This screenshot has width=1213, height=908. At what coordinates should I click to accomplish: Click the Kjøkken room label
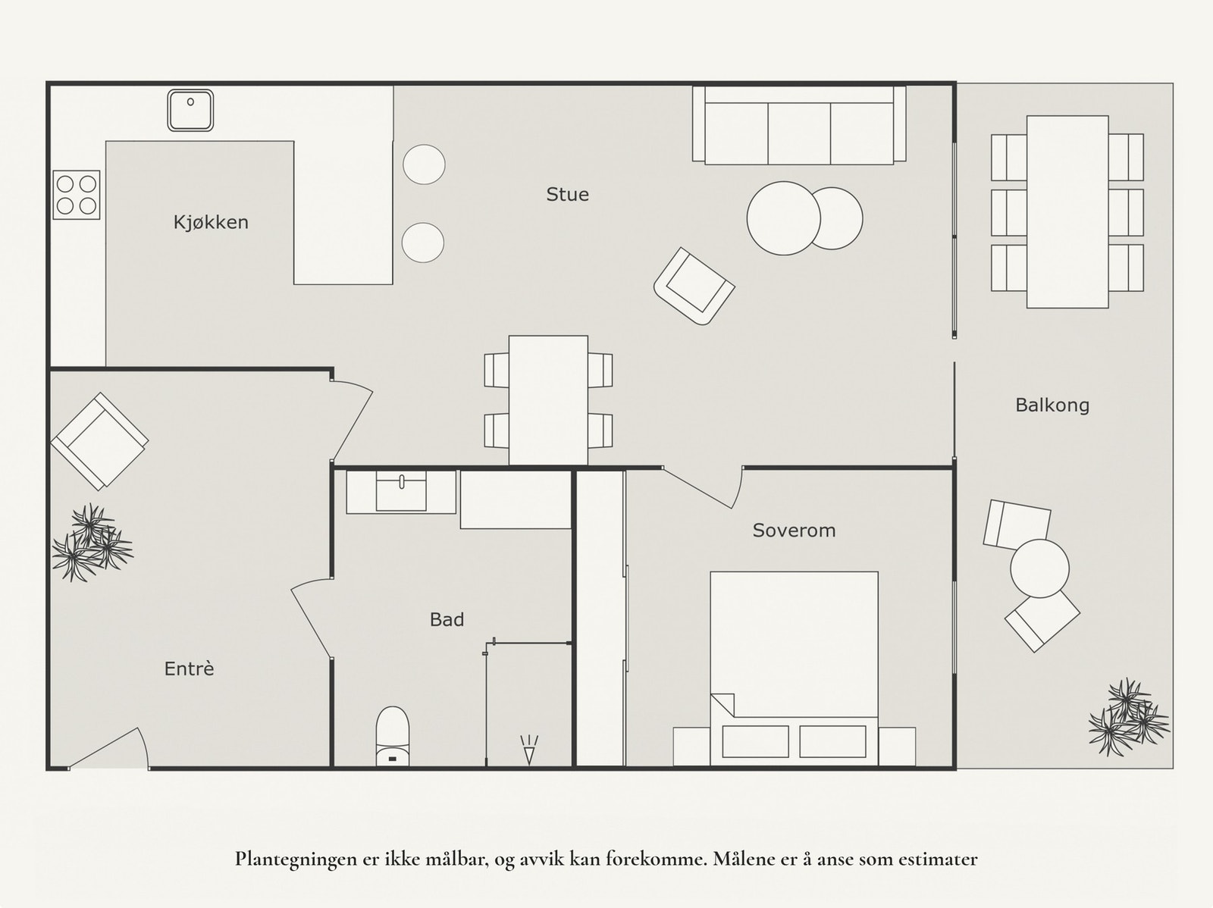[211, 223]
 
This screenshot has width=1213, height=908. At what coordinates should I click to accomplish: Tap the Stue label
[567, 195]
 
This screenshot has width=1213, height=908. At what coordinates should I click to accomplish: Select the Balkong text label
[1052, 405]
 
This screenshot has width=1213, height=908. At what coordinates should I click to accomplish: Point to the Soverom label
[794, 531]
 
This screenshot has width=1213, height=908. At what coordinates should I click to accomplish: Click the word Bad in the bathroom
[447, 620]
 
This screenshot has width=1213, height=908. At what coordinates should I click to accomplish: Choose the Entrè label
[189, 668]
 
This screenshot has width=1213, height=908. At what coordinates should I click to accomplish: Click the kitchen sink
[190, 111]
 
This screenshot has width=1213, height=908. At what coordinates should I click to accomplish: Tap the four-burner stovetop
[77, 195]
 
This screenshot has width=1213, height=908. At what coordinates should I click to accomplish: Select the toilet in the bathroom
[393, 736]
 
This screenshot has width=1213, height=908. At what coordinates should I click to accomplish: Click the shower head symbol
[529, 750]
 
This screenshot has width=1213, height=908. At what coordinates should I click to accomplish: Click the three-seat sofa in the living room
[799, 125]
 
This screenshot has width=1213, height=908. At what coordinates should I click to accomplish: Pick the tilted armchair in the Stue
[694, 286]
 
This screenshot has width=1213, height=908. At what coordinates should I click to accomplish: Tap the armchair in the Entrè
[99, 441]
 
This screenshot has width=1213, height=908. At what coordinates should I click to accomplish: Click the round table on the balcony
[1039, 568]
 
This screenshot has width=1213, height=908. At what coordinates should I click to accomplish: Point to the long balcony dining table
[1067, 211]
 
